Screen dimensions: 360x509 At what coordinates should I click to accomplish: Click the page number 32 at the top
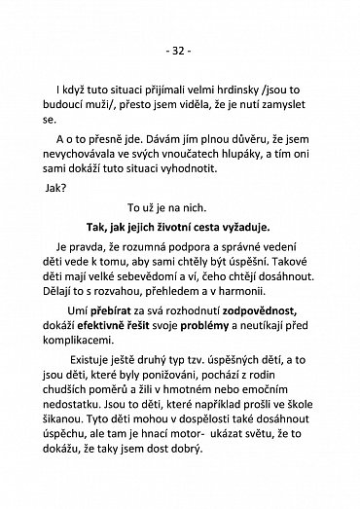coord(180,48)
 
